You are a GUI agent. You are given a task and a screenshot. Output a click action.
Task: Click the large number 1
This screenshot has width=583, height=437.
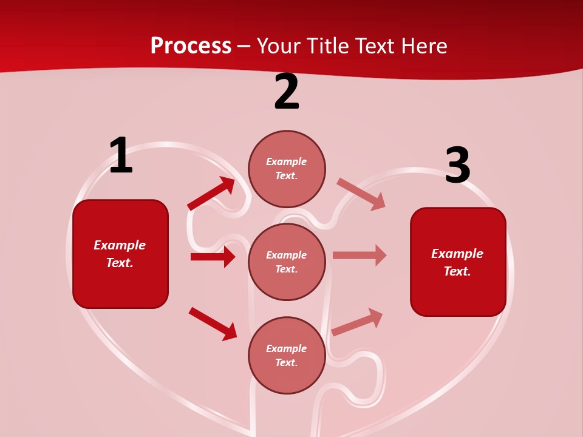click(121, 156)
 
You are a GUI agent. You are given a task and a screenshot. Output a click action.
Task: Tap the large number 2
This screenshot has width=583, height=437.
click(287, 92)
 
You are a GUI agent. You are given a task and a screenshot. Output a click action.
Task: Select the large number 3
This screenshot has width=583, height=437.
click(457, 166)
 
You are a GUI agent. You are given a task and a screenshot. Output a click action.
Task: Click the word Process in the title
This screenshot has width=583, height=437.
click(191, 46)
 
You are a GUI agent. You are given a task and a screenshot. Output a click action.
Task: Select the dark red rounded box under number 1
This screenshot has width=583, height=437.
click(120, 254)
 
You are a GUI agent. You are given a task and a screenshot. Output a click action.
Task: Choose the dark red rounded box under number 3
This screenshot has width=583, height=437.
click(458, 262)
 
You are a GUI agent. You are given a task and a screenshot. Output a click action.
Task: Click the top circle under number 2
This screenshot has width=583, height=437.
click(287, 169)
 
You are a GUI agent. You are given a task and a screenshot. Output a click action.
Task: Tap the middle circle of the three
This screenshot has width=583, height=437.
click(287, 262)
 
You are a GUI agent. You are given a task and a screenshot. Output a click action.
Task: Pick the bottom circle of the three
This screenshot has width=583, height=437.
click(287, 355)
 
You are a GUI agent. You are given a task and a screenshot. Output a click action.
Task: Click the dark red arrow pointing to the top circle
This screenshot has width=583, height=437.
click(211, 194)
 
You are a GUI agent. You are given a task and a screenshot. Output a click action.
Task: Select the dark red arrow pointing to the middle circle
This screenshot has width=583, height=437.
click(213, 257)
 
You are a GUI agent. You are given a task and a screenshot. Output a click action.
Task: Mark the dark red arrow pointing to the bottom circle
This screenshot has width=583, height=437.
click(213, 324)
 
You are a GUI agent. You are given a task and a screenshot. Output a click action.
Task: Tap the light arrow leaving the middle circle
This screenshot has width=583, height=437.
click(360, 255)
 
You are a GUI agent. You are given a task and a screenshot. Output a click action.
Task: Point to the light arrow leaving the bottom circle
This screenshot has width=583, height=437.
click(357, 322)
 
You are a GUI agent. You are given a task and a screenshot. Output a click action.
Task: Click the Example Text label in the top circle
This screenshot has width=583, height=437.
click(287, 169)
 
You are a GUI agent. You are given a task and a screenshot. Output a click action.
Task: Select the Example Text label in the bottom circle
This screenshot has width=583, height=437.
click(287, 355)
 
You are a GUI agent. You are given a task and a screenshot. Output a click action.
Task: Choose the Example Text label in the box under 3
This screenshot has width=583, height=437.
click(457, 262)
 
